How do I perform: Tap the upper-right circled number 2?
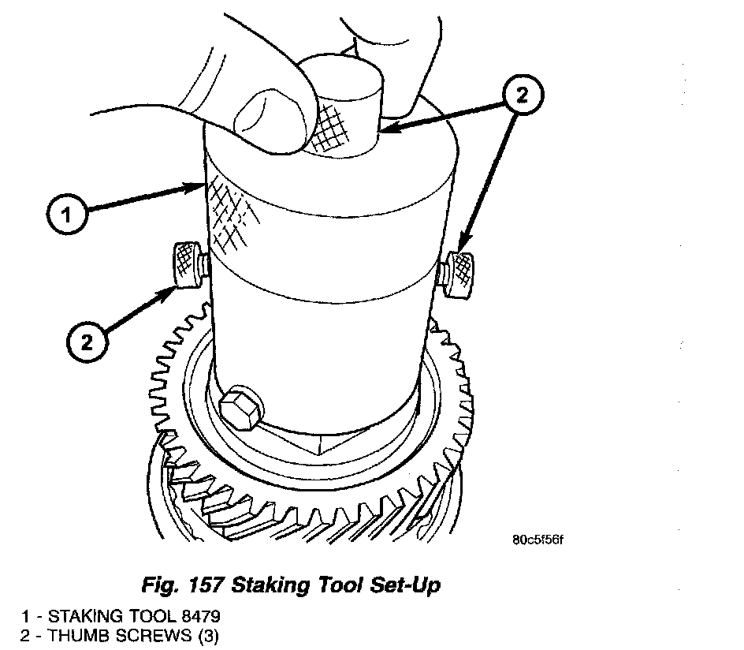523,95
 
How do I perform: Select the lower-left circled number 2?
87,342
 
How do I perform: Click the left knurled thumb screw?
188,265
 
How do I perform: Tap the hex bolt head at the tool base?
240,407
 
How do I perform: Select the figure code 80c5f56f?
538,540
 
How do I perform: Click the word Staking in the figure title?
270,585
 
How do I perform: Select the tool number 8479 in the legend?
201,616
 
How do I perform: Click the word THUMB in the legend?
80,635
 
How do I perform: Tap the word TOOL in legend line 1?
152,616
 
